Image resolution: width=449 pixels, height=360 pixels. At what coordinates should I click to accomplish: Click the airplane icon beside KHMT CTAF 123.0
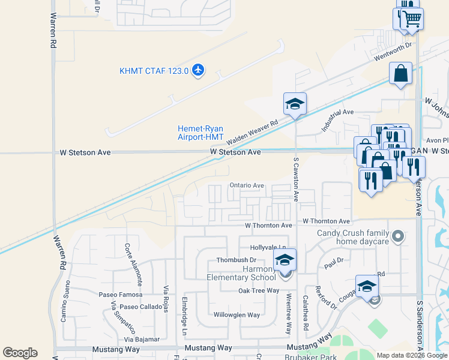tap(198, 71)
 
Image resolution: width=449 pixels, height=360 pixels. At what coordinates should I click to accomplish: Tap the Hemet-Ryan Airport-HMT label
tap(200, 133)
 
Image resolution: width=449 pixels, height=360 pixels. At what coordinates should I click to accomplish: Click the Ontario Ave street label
tap(247, 186)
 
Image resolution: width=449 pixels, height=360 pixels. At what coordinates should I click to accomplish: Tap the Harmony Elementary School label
tap(241, 273)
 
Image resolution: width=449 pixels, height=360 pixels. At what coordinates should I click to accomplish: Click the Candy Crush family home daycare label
tap(353, 237)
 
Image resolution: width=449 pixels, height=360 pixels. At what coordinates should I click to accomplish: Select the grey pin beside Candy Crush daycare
tap(397, 237)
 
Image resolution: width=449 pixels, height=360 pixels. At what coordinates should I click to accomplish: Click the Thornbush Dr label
tap(237, 260)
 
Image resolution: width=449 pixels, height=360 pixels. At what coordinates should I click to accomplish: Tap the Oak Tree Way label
tap(259, 290)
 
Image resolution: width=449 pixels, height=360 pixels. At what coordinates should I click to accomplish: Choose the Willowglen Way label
tap(237, 314)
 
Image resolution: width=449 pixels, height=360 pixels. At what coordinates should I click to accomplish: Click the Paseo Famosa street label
tap(121, 295)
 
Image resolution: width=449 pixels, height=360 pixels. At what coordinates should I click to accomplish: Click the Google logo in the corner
tap(20, 353)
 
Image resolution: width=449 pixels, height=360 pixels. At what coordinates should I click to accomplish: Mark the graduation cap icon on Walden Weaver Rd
tap(295, 104)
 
